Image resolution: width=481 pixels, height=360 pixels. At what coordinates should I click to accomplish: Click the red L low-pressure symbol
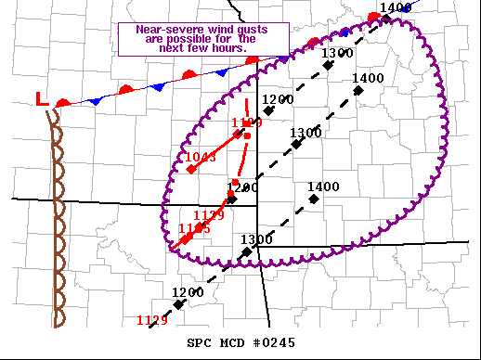(x=41, y=98)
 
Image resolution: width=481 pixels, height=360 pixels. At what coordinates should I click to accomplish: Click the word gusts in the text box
(x=249, y=30)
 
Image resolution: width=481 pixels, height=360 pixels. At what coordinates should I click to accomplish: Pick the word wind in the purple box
(x=214, y=30)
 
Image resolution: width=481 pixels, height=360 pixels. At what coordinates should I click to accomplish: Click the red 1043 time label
(x=201, y=158)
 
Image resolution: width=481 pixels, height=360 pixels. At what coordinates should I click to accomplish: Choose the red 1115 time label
(x=194, y=228)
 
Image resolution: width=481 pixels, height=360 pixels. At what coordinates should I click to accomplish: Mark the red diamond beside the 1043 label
(x=189, y=170)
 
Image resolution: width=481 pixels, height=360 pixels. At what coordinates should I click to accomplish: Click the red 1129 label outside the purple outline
(x=151, y=321)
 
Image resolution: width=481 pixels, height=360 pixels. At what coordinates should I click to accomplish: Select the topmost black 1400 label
(x=396, y=8)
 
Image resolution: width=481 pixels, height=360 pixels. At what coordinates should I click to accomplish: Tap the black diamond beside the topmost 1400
(x=385, y=19)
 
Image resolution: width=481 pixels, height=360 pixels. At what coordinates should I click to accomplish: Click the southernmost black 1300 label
(x=255, y=239)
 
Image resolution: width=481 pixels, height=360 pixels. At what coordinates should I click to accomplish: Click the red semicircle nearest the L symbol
(x=63, y=101)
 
